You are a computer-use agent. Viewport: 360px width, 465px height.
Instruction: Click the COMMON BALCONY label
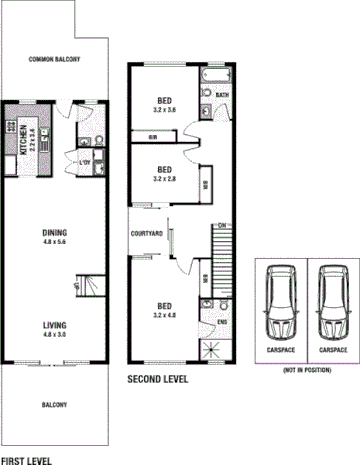click(x=54, y=60)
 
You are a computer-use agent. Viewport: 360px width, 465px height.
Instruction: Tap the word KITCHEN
click(x=24, y=134)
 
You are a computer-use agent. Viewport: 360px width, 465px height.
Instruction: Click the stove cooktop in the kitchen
click(x=10, y=126)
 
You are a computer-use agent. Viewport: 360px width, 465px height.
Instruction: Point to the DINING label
click(x=54, y=232)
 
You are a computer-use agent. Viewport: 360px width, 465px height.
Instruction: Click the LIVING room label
click(x=54, y=326)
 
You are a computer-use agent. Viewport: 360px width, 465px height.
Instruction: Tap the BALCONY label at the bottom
click(x=54, y=405)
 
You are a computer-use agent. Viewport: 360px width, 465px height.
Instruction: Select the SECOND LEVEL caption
click(x=157, y=380)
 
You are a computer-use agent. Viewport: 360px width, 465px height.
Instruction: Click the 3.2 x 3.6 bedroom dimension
click(x=165, y=111)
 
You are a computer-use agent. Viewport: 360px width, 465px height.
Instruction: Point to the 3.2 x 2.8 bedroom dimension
click(x=165, y=179)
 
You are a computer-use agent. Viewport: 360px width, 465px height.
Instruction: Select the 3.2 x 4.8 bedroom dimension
click(x=165, y=314)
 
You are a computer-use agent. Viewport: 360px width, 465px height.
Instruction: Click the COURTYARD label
click(x=147, y=235)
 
